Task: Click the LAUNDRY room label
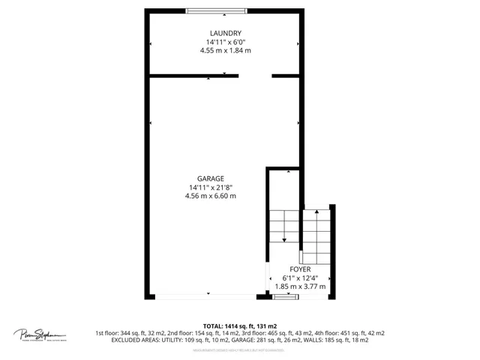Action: pyautogui.click(x=225, y=33)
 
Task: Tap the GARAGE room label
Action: pyautogui.click(x=211, y=178)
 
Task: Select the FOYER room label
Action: pyautogui.click(x=300, y=268)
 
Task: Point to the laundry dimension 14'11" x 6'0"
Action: pyautogui.click(x=225, y=42)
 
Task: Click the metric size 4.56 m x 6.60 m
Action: pyautogui.click(x=211, y=196)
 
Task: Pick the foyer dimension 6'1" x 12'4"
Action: pyautogui.click(x=300, y=277)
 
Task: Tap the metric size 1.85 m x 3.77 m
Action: pyautogui.click(x=300, y=286)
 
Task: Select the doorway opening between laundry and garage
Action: pyautogui.click(x=255, y=75)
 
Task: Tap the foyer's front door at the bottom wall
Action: pyautogui.click(x=286, y=297)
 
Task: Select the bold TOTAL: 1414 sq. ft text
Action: pyautogui.click(x=239, y=325)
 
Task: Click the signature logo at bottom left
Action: pyautogui.click(x=39, y=334)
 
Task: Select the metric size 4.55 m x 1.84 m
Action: pyautogui.click(x=225, y=51)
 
